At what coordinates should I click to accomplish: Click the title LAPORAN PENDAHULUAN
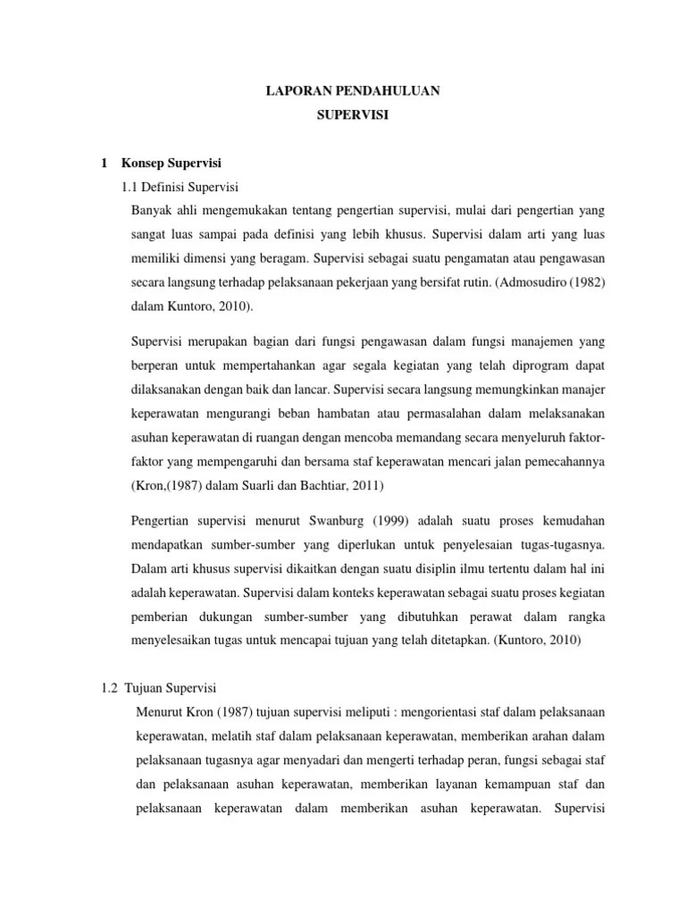tap(342, 91)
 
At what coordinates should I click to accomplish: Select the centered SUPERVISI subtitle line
tap(342, 116)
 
